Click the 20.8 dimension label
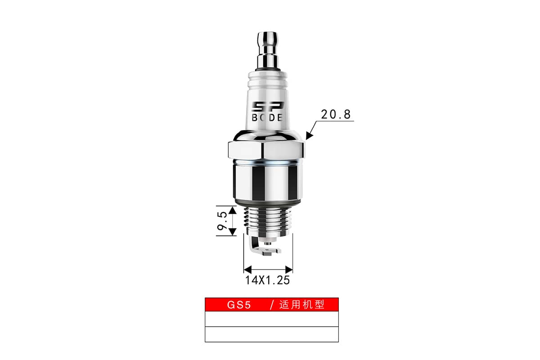coord(336,114)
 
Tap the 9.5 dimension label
coord(222,221)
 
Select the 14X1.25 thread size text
coord(267,280)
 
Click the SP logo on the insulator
coord(268,107)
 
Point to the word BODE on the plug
coord(267,117)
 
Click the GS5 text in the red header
coord(239,305)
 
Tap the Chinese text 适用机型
coord(302,305)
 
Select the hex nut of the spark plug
coord(266,150)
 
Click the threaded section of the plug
coord(268,220)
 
